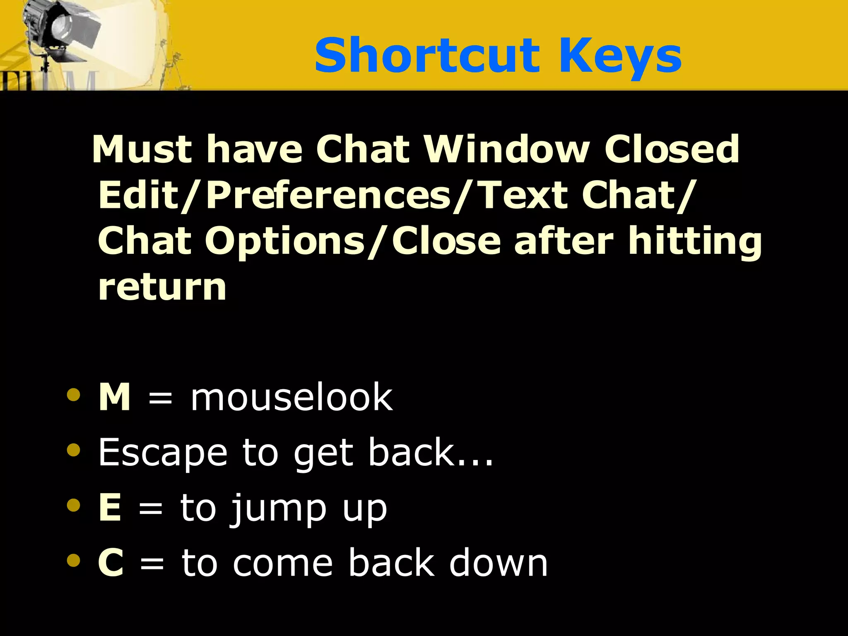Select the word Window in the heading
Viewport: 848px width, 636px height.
click(x=507, y=149)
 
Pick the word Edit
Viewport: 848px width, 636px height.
click(x=139, y=195)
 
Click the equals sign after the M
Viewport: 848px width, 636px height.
click(x=160, y=399)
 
